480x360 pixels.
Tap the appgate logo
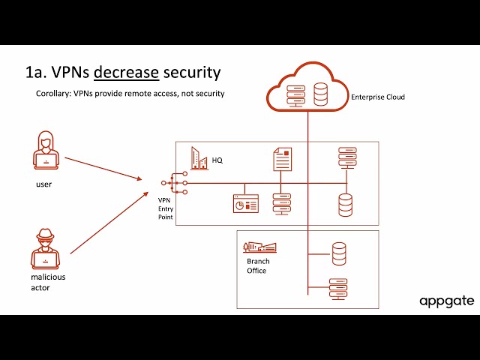[x=446, y=301]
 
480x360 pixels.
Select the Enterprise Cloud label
[x=378, y=97]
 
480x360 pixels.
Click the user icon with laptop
[x=46, y=151]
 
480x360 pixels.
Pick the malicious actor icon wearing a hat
[x=46, y=247]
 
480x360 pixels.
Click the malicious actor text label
[x=48, y=282]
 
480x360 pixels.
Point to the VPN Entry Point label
[x=165, y=208]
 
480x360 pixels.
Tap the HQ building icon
[x=199, y=157]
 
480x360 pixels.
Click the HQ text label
[x=217, y=160]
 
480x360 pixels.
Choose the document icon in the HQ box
[x=281, y=158]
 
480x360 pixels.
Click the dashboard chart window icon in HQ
[x=245, y=204]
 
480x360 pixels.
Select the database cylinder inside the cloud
[x=321, y=94]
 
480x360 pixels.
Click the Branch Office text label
[x=256, y=266]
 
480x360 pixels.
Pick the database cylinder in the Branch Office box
[x=339, y=253]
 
